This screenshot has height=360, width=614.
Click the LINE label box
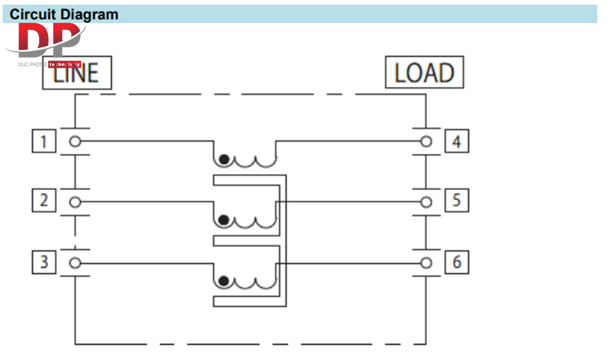77,73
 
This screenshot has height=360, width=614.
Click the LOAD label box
424,73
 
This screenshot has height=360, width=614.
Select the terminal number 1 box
43,142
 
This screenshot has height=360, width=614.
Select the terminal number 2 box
43,200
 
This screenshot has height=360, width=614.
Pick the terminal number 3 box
43,262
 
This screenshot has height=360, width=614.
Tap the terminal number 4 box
457,142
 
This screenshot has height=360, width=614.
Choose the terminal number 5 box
457,200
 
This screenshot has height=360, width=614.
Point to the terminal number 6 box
457,262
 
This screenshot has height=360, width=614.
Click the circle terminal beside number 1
75,142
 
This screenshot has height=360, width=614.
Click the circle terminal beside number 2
75,202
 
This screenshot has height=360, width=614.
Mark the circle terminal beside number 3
75,262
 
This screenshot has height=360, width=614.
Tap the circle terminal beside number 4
426,142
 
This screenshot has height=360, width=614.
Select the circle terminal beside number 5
426,202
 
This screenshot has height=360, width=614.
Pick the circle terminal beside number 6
426,262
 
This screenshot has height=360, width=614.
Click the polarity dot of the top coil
224,160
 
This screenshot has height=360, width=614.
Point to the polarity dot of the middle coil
224,220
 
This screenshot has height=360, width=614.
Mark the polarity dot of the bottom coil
224,281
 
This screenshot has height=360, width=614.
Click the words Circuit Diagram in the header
64,14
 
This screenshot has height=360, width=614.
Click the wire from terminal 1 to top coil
144,142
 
